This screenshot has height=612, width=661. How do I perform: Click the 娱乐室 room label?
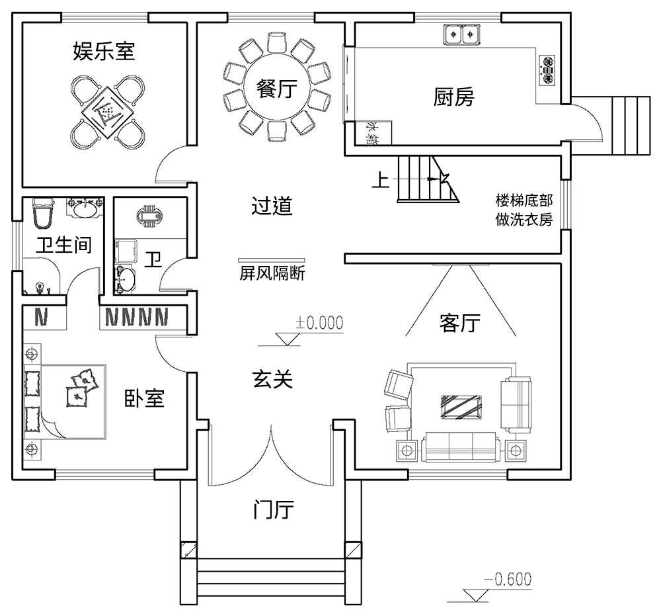click(x=104, y=52)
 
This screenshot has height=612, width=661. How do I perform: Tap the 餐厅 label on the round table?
click(x=276, y=88)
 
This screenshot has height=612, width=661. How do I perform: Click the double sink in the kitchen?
click(x=461, y=33)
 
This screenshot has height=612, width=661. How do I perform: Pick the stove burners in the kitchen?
click(x=548, y=69)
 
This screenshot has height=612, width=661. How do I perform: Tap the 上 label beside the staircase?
click(x=379, y=181)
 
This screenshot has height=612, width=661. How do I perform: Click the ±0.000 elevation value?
click(x=320, y=323)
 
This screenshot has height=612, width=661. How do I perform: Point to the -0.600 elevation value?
click(x=508, y=580)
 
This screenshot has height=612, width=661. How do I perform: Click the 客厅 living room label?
click(x=459, y=324)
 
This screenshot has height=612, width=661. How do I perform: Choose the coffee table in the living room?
click(x=461, y=405)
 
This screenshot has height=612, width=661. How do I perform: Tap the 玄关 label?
click(x=272, y=378)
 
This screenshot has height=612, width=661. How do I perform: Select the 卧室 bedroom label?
click(x=144, y=398)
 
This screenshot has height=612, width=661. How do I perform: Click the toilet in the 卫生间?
click(x=43, y=213)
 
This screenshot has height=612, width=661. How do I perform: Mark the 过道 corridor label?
click(x=272, y=206)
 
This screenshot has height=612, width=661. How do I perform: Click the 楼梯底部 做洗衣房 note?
click(x=524, y=210)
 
